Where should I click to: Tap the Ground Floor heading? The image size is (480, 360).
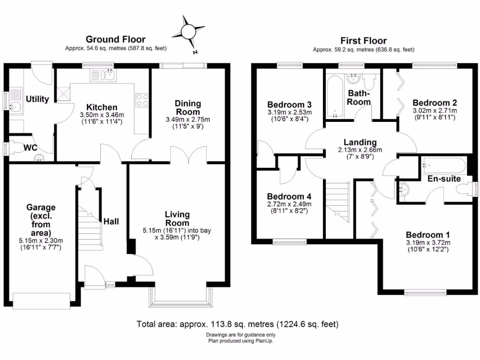[115, 40]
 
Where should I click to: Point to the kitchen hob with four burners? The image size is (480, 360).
[142, 100]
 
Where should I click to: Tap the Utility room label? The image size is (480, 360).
[37, 99]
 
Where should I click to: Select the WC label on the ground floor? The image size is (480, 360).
[30, 147]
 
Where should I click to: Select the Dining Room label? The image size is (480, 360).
[187, 107]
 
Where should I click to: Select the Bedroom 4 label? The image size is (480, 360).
[289, 196]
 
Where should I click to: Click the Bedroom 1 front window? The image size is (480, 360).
[424, 293]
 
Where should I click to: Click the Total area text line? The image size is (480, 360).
[237, 324]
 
